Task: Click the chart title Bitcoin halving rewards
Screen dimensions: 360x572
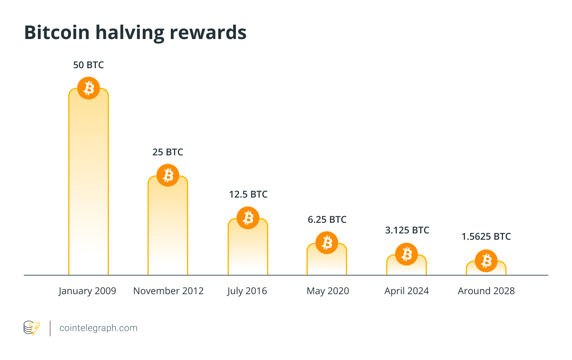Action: point(135,32)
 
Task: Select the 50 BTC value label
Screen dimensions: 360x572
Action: point(88,65)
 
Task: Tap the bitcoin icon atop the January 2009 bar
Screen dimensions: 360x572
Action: point(88,88)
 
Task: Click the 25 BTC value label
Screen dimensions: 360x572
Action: point(168,152)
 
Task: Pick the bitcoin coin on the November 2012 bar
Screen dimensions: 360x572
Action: point(168,175)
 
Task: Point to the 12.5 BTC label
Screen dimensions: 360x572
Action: point(248,194)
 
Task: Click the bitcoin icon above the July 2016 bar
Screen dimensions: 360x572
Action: point(248,218)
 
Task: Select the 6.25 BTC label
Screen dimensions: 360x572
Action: point(327,220)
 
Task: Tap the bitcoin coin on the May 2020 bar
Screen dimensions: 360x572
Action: point(327,242)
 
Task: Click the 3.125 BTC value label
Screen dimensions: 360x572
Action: point(407,230)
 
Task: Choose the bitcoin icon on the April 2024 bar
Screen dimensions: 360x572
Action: point(406,254)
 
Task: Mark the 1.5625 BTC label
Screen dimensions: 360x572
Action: point(486,237)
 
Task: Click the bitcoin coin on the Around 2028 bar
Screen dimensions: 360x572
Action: point(486,261)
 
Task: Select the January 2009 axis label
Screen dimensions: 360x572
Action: point(87,291)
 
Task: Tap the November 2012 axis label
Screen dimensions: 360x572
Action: point(168,291)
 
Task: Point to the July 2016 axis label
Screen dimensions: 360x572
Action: point(247,291)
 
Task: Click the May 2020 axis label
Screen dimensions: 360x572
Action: point(328,291)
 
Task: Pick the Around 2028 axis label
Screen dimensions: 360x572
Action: point(486,291)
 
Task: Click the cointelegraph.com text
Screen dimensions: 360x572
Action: point(98,328)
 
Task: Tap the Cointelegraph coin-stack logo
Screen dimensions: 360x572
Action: point(32,328)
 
